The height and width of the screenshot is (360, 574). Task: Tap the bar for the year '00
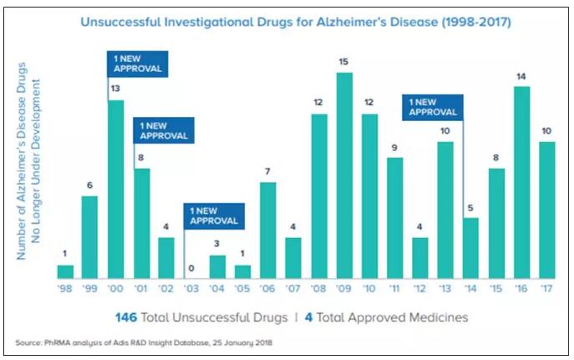115,189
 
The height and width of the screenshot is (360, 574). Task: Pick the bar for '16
521,182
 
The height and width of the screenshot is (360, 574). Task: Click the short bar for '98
65,271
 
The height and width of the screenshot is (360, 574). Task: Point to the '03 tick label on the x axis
191,290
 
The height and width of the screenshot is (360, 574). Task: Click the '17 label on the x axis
546,290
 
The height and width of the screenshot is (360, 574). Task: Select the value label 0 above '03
191,269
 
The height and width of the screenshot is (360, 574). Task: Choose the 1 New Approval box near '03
215,217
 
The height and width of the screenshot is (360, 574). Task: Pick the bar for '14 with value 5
470,247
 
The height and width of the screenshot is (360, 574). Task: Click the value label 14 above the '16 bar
521,76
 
